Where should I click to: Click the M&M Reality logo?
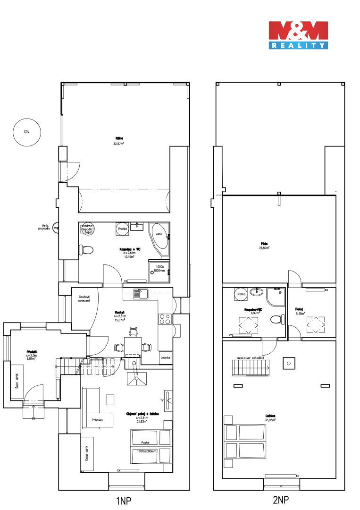298,35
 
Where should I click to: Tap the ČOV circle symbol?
27,131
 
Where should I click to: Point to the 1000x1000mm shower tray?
159,269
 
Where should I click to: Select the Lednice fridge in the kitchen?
165,358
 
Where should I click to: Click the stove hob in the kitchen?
165,319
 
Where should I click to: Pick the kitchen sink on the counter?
140,293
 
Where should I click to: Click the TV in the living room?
168,400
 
